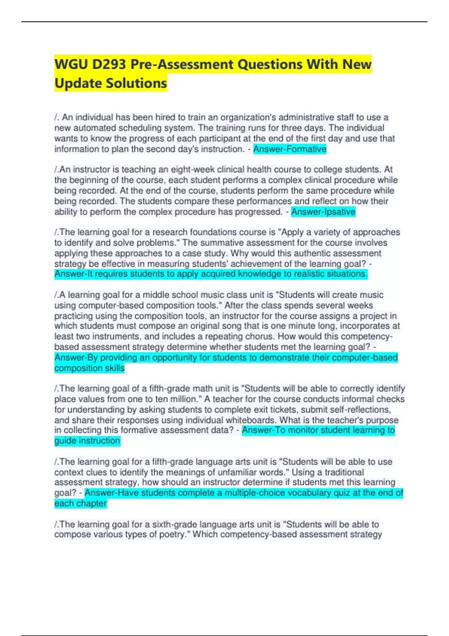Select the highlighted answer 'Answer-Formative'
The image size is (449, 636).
point(290,149)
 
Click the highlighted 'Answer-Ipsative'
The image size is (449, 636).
point(323,212)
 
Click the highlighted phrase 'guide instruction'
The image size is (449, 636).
point(87,441)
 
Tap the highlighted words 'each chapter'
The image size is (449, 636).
point(80,504)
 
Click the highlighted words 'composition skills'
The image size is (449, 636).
point(89,368)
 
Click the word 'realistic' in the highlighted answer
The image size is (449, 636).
point(309,274)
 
